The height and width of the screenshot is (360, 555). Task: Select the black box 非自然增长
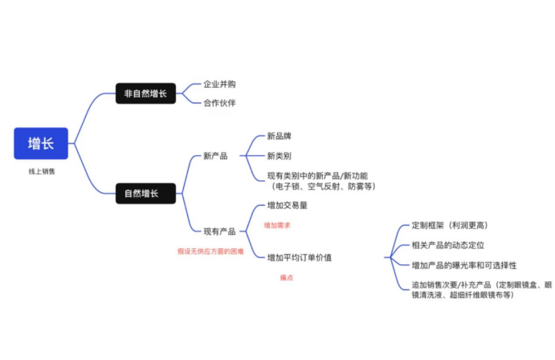(x=145, y=94)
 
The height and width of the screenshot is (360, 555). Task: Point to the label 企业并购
(x=219, y=84)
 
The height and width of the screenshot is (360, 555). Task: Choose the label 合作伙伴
(x=219, y=103)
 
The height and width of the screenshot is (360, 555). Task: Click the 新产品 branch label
(x=215, y=156)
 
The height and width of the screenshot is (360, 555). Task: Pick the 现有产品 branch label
(x=219, y=231)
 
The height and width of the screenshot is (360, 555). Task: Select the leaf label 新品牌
(x=280, y=137)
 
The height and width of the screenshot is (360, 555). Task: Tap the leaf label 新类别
(x=280, y=156)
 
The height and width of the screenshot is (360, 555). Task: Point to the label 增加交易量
(x=287, y=206)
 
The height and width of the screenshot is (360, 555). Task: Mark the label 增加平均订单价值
(x=299, y=257)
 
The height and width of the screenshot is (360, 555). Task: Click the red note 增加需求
(x=277, y=226)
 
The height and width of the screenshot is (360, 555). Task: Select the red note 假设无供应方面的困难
(x=210, y=251)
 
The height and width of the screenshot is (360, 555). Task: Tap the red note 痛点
(x=286, y=277)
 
